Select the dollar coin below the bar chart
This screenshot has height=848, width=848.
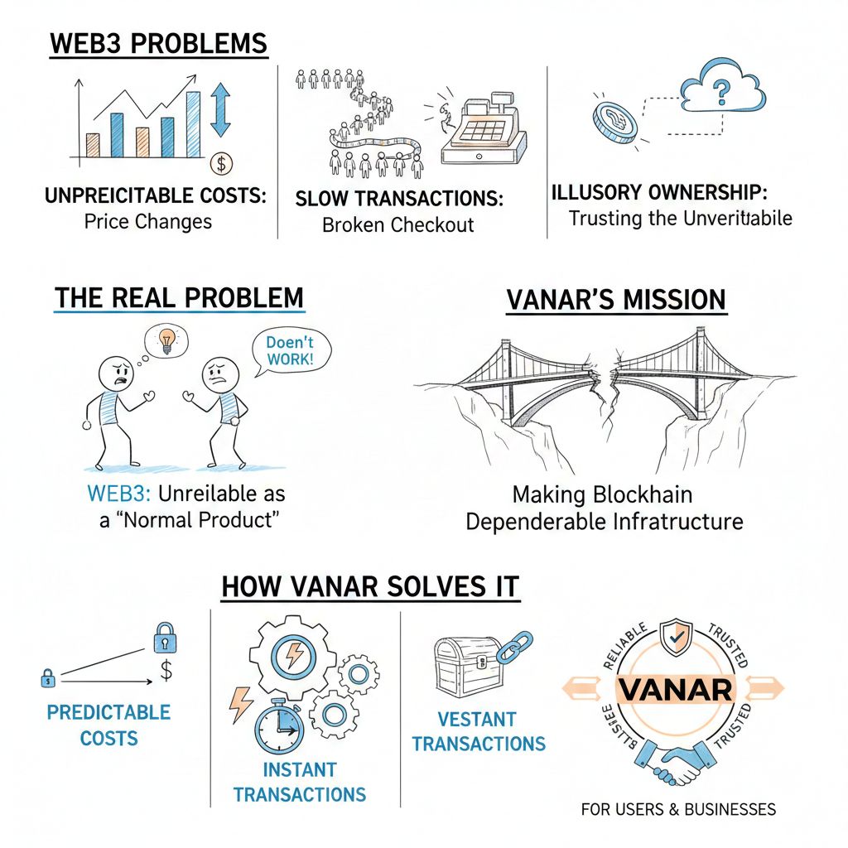221,163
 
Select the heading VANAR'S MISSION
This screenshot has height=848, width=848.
616,301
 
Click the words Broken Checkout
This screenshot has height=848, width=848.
397,224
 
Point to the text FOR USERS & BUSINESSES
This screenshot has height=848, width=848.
678,809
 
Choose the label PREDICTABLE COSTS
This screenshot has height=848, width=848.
108,725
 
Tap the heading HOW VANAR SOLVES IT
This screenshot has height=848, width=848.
369,586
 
